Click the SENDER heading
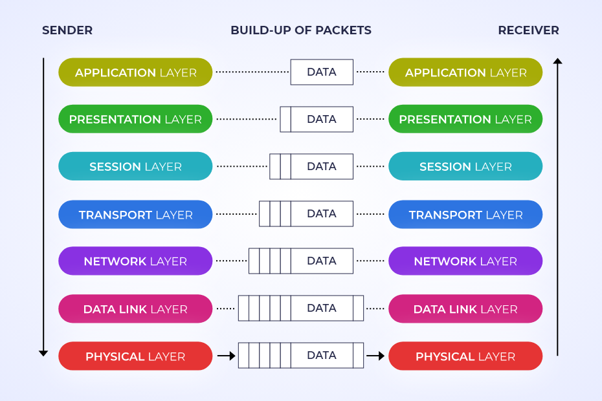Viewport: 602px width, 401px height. point(67,30)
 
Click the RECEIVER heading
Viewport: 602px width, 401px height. point(528,30)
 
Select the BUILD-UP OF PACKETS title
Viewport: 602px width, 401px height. point(301,30)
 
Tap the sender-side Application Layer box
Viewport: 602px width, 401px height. point(135,72)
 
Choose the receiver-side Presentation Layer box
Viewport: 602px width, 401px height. point(465,119)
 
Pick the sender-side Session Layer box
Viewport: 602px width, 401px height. point(135,166)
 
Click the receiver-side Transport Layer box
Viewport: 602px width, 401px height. point(465,214)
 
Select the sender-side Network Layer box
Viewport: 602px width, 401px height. point(135,261)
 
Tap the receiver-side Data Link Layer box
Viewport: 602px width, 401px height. point(465,309)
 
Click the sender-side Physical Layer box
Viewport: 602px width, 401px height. point(135,356)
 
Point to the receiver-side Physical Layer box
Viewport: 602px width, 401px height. point(465,356)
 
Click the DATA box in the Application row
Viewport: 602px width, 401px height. point(322,72)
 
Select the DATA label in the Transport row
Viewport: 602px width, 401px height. point(322,213)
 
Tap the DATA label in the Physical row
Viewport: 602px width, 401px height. point(322,355)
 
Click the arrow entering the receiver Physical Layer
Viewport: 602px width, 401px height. point(375,355)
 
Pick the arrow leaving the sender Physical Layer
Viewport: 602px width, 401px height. point(227,355)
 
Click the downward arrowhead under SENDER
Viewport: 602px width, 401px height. point(43,352)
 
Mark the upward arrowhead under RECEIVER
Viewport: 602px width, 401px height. point(557,61)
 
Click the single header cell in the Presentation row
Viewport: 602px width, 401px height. point(285,119)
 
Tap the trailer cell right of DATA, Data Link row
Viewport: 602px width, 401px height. point(358,308)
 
